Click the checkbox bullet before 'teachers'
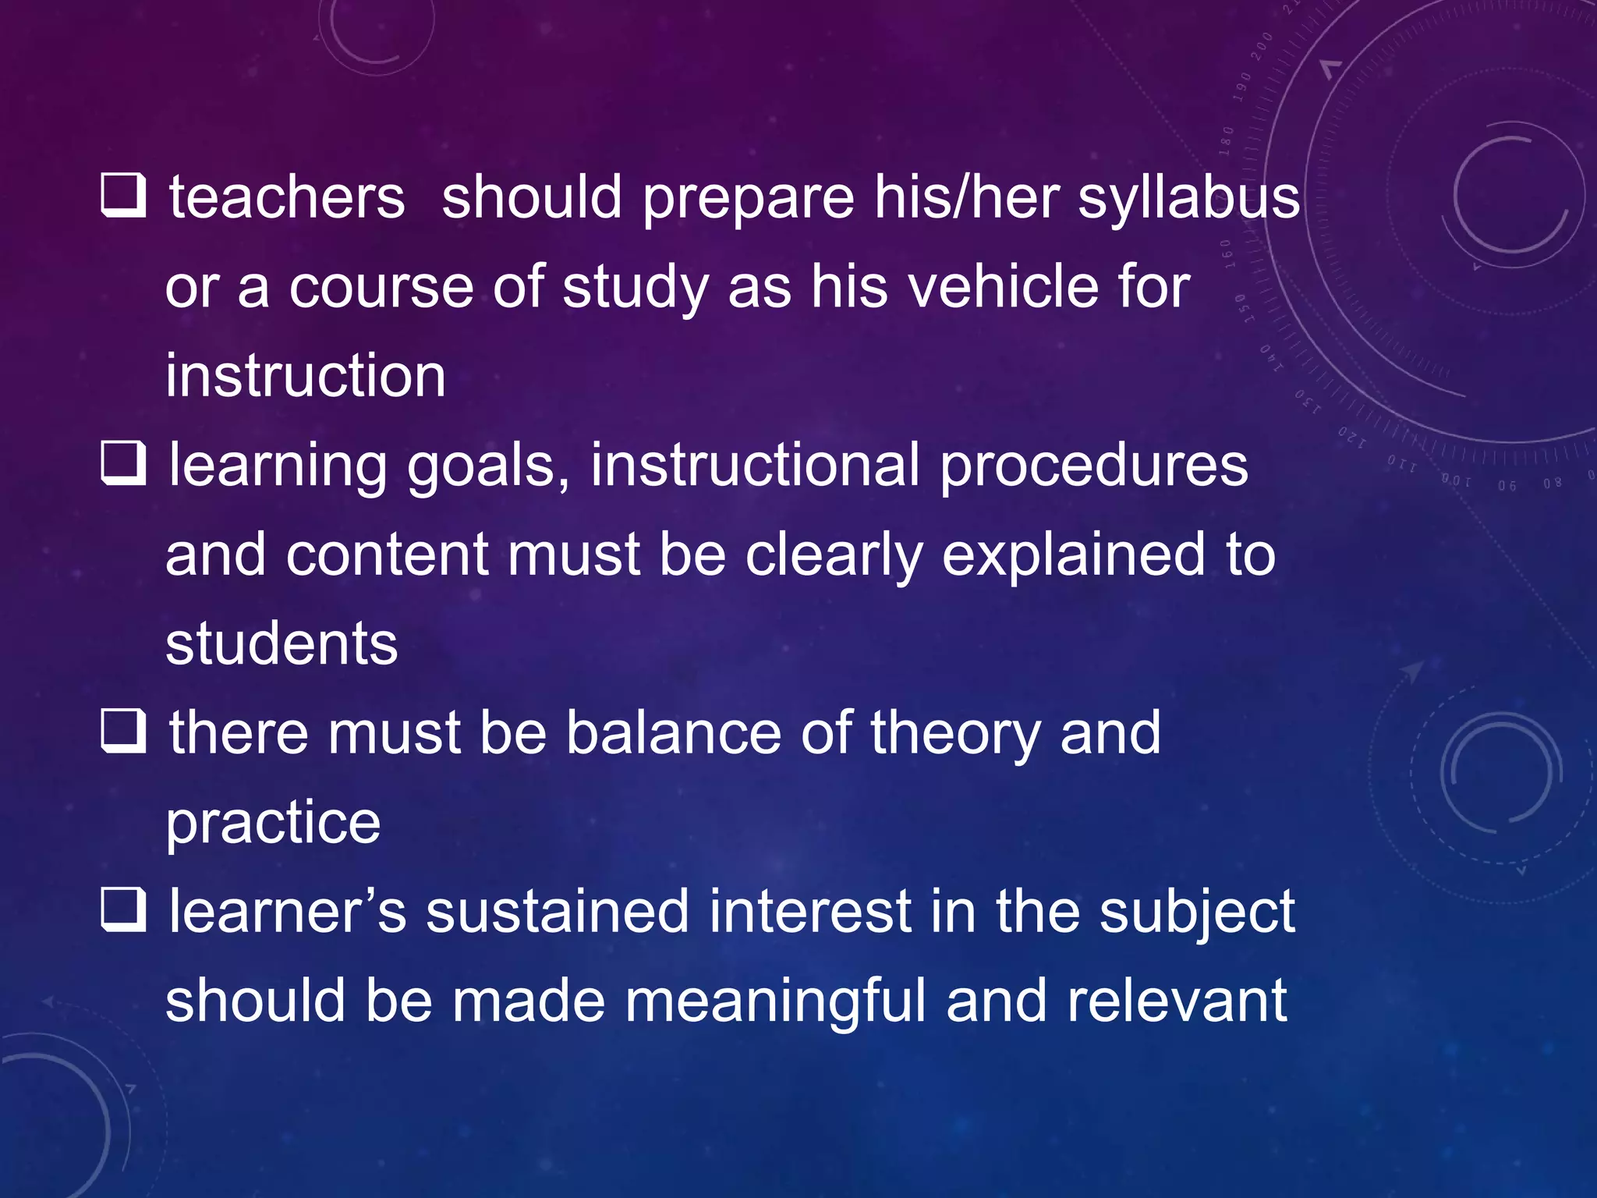(124, 195)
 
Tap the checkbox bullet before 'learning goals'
(124, 463)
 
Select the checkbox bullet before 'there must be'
(124, 732)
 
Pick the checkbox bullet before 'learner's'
(124, 910)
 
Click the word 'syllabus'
(1188, 199)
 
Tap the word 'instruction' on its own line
(306, 376)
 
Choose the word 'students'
(282, 644)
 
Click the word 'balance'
(673, 733)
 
